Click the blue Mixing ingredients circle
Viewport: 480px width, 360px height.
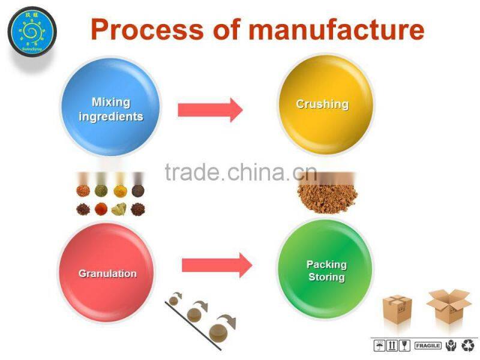[112, 110]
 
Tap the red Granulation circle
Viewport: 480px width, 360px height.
[106, 272]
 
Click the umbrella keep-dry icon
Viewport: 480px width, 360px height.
[379, 346]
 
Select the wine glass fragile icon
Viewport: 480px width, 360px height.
[404, 346]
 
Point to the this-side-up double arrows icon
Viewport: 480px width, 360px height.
[392, 346]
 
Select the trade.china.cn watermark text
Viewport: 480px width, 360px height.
[240, 173]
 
